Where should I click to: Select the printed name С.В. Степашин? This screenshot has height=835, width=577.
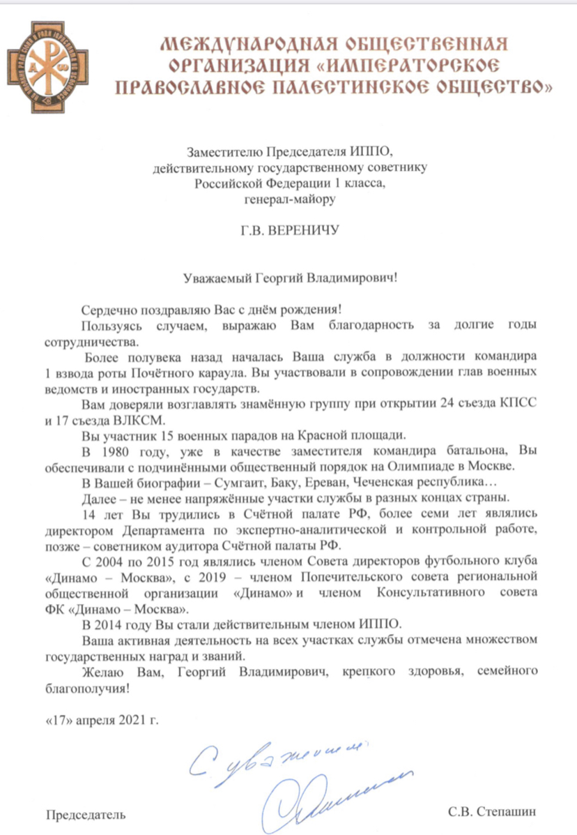(494, 813)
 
